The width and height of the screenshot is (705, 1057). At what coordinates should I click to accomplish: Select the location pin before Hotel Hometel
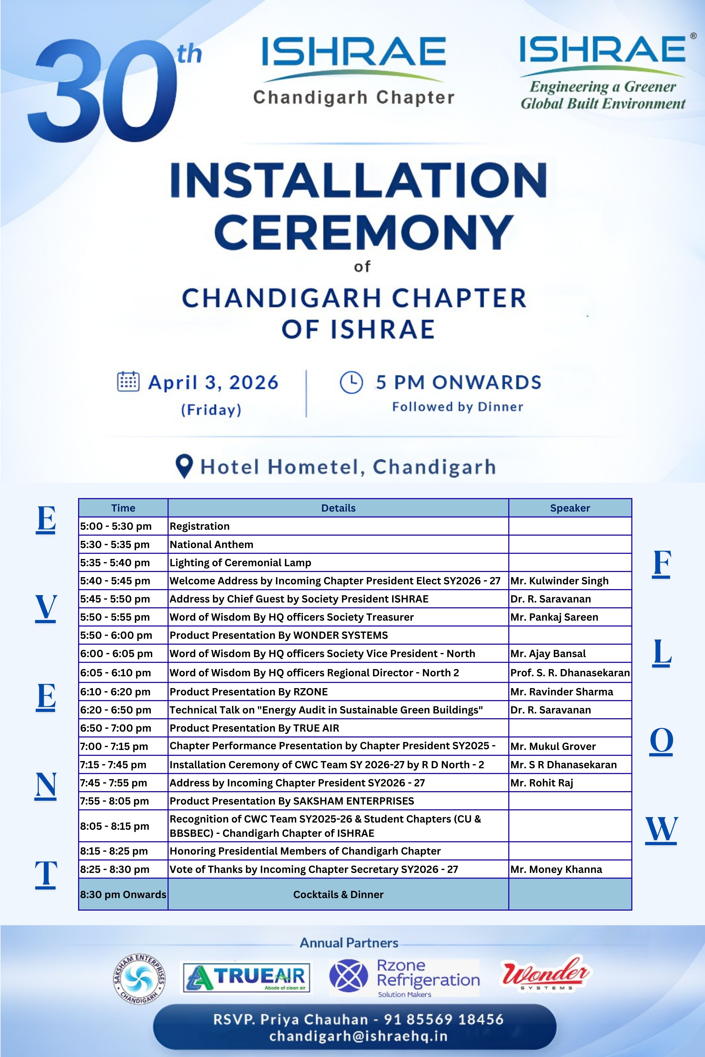click(184, 466)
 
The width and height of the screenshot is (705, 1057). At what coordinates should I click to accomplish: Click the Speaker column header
click(570, 508)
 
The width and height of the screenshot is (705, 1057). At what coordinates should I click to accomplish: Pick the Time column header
click(123, 508)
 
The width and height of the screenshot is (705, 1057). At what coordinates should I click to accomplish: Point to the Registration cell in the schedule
click(200, 526)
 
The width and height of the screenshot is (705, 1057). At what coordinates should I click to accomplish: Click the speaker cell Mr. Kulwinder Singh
click(559, 581)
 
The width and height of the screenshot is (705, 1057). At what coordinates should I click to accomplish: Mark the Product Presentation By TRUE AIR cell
click(255, 728)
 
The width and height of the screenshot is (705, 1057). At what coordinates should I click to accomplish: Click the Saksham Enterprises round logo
click(139, 979)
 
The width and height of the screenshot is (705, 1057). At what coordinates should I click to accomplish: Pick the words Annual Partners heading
click(349, 943)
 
